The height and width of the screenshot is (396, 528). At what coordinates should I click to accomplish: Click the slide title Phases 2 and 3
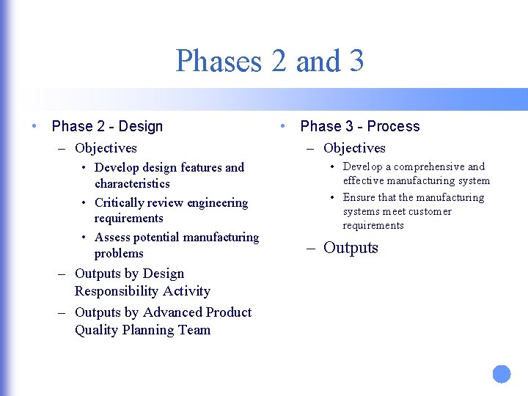(269, 61)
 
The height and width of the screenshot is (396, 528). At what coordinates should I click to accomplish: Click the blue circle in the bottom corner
(502, 374)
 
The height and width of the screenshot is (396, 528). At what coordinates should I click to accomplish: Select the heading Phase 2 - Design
(107, 126)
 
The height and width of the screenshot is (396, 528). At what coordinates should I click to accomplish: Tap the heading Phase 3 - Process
(360, 126)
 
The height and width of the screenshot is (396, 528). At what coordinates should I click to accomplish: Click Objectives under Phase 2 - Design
(106, 148)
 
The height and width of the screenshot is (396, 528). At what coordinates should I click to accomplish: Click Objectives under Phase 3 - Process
(354, 148)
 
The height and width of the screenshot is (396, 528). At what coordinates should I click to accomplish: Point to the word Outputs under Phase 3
(351, 248)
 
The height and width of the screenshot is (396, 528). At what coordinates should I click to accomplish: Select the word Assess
(112, 237)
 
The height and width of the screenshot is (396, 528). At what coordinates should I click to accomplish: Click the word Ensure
(359, 197)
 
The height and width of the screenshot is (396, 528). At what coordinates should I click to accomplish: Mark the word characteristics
(132, 183)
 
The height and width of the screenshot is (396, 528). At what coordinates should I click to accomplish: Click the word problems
(119, 253)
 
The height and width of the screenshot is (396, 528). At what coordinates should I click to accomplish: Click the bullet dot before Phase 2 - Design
(35, 126)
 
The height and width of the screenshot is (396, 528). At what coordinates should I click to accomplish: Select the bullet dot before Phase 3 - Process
(284, 126)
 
